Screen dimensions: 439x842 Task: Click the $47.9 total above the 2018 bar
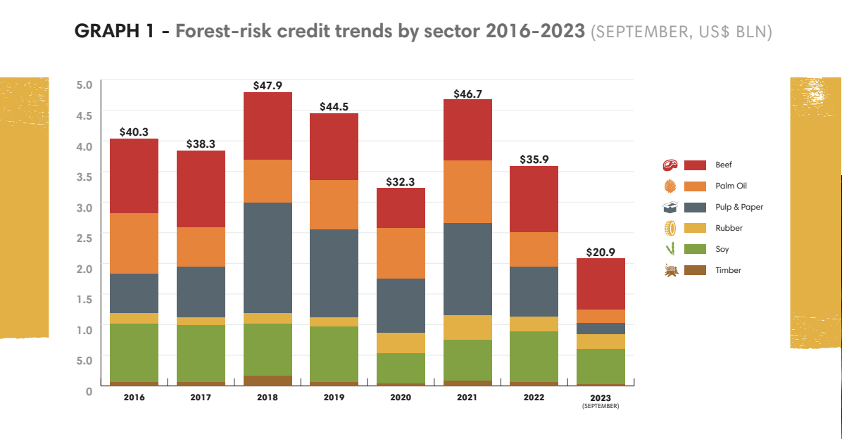pos(267,85)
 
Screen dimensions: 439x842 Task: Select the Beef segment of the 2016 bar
pos(134,176)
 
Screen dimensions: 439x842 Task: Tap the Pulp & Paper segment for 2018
pos(267,257)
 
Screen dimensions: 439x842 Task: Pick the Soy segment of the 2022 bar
pos(534,357)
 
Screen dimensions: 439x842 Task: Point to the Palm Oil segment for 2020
pos(401,253)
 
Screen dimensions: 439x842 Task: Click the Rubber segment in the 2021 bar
pos(467,327)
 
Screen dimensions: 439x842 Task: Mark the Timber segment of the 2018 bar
pos(267,381)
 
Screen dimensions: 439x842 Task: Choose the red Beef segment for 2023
pos(601,284)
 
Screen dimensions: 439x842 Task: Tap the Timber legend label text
pos(728,270)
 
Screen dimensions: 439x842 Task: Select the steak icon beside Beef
pos(669,165)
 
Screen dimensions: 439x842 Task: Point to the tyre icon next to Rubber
pos(669,228)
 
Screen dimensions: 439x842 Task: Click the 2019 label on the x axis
pos(334,397)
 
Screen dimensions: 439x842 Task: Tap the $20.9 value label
pos(601,252)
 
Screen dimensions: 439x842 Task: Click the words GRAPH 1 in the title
pos(118,32)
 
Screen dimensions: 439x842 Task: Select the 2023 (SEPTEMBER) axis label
pos(600,400)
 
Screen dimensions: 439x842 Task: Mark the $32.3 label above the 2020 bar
pos(401,182)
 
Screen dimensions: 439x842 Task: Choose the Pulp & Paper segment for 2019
pos(334,273)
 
